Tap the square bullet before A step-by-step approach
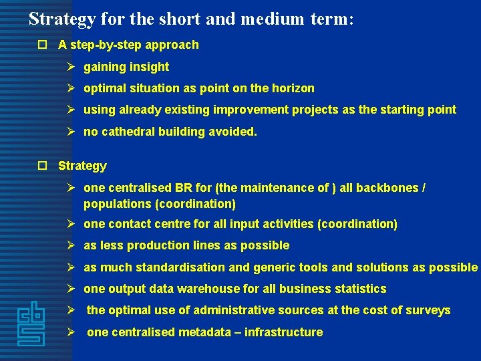pos(42,45)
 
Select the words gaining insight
pos(126,67)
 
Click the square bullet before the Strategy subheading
pos(42,166)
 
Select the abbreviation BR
pos(183,188)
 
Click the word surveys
pos(429,310)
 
